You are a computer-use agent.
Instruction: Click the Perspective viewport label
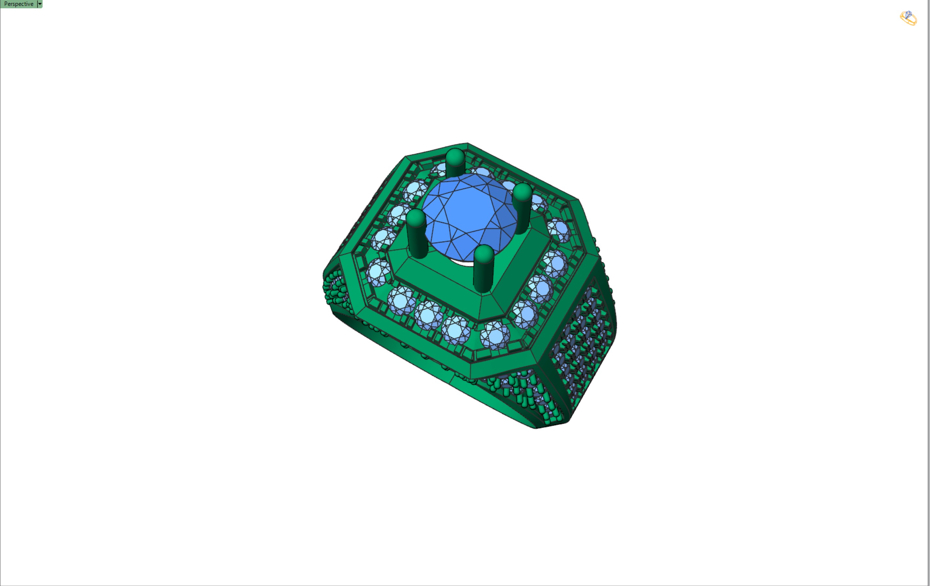18,4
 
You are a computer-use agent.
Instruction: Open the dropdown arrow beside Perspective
40,4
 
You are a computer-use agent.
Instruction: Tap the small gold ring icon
908,18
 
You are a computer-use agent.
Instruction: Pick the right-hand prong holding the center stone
522,209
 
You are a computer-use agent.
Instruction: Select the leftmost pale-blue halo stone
378,272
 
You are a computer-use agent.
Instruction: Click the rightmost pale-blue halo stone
558,230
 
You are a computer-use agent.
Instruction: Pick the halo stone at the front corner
495,335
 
